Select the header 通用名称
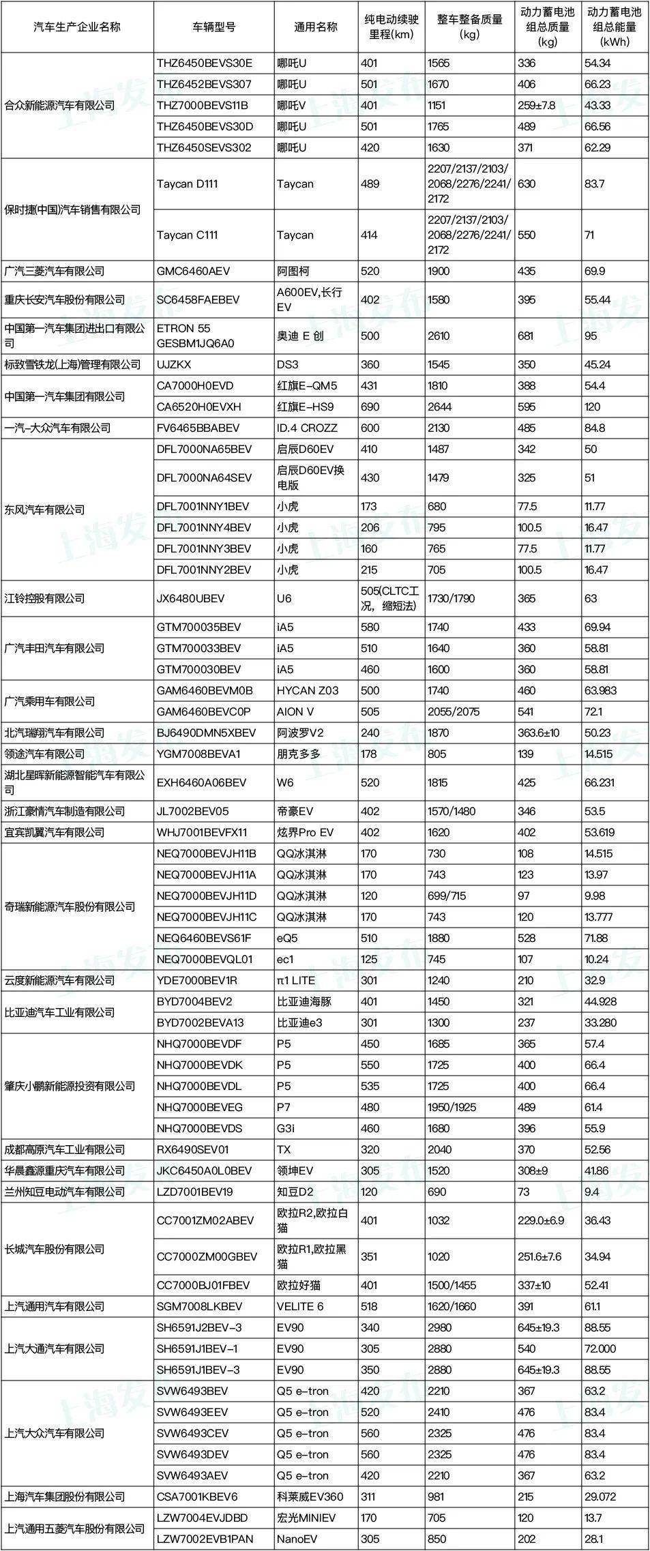315,27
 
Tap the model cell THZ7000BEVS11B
203,105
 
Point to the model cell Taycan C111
188,235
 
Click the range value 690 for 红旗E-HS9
370,407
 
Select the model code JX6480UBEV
190,598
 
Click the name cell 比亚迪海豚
304,1001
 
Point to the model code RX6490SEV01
193,1149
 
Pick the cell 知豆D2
296,1192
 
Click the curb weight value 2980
439,1327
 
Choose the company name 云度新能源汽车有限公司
59,980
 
